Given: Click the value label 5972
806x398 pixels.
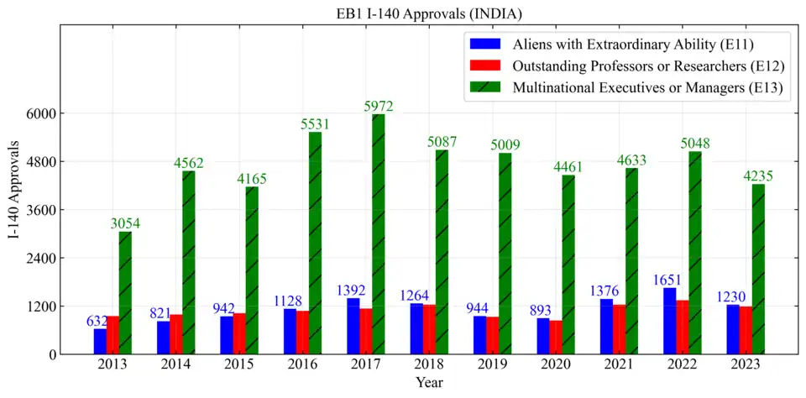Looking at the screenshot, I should coord(379,107).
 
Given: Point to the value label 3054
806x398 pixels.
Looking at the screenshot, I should coord(125,223).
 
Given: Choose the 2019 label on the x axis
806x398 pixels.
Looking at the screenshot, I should coord(492,364).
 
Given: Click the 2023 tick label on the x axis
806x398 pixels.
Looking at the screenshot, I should coord(746,364).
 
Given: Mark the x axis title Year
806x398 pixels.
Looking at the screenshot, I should coord(429,382).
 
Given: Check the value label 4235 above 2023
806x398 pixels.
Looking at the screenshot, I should coord(758,176).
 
